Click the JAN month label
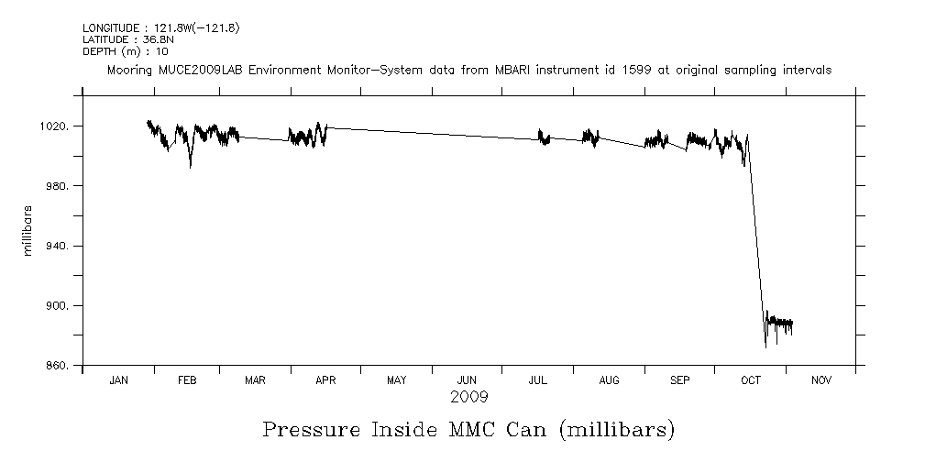118,380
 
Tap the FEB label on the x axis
186,380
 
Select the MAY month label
397,380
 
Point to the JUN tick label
468,380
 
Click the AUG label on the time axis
609,380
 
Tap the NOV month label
820,380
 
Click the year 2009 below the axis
468,397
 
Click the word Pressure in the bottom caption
306,430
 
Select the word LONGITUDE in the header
113,28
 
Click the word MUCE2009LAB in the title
190,70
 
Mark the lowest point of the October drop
765,347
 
